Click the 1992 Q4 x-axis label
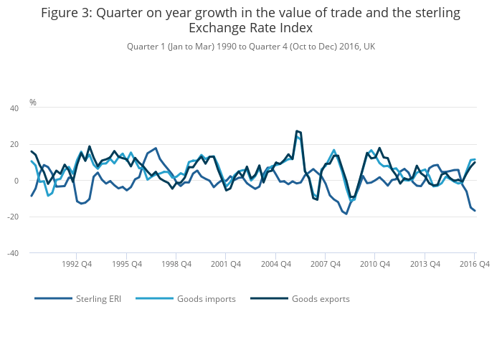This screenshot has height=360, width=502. (x=77, y=264)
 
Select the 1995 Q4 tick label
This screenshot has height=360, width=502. (x=126, y=264)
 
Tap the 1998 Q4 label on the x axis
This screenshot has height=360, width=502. (x=176, y=264)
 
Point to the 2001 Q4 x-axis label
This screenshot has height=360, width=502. (x=225, y=264)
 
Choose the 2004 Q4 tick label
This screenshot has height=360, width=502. (x=275, y=264)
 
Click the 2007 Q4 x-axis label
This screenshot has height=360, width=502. (x=325, y=264)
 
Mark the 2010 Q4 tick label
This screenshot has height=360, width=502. (x=374, y=264)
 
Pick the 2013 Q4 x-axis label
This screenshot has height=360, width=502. (x=425, y=264)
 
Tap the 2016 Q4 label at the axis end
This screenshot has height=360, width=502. (x=474, y=264)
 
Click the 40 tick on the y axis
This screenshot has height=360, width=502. (x=14, y=108)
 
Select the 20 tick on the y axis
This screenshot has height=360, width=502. (x=14, y=145)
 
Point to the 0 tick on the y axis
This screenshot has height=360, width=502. (x=16, y=181)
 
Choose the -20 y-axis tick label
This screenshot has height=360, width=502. (x=12, y=217)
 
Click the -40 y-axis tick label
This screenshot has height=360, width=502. (x=12, y=253)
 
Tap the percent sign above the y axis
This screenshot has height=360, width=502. (x=33, y=103)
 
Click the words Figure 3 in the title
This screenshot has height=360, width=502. (x=70, y=13)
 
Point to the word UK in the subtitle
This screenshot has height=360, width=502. (x=369, y=47)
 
